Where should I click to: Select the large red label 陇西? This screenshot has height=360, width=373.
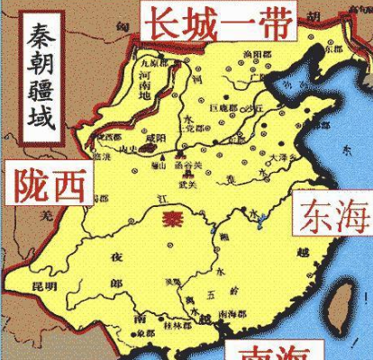pos(49,184)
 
